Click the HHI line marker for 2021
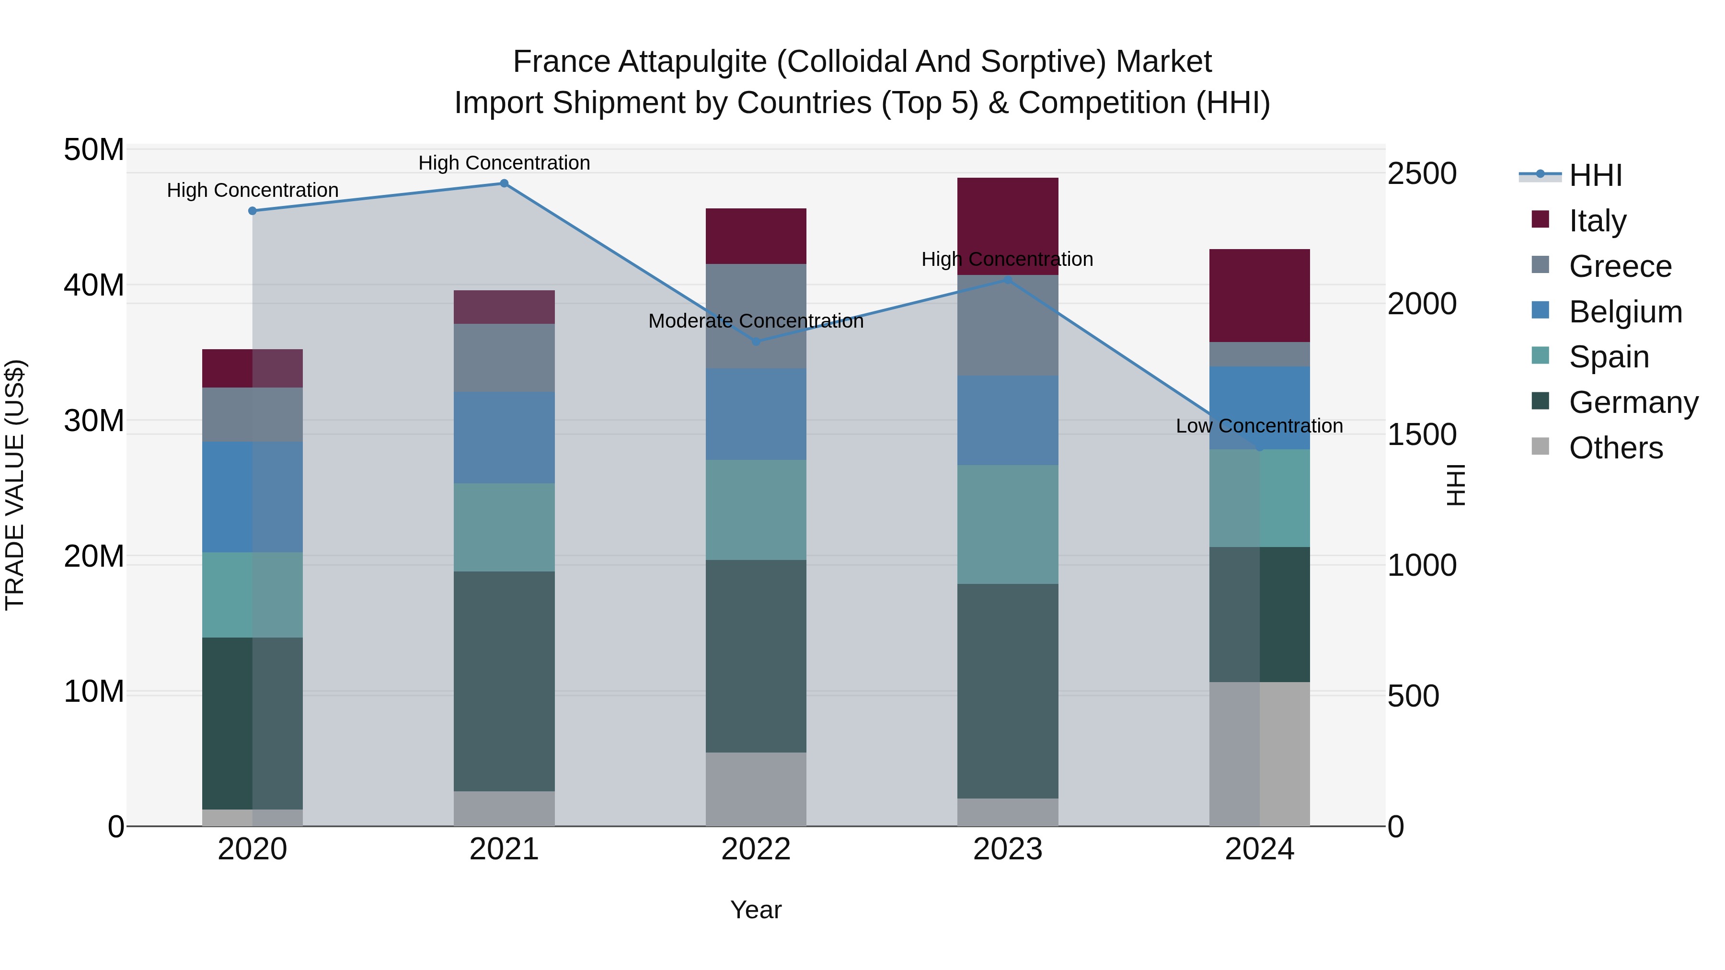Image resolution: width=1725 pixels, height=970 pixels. tap(504, 183)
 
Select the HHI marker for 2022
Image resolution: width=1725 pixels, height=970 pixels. tap(756, 342)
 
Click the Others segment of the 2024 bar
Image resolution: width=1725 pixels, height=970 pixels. tap(1260, 754)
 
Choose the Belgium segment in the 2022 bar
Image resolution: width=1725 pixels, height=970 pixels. tap(756, 414)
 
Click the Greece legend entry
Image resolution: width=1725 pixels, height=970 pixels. tap(1620, 266)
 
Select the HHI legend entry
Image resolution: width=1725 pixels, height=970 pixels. tap(1595, 175)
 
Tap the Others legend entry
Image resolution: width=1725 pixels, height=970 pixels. tap(1615, 448)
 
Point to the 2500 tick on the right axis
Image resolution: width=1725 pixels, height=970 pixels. tap(1422, 173)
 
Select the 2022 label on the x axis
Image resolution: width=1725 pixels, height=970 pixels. tap(756, 849)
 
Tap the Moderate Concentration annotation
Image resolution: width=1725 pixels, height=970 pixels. tap(756, 321)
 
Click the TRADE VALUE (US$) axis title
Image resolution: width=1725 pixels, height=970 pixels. tap(15, 485)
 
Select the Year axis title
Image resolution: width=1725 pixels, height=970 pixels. tap(756, 910)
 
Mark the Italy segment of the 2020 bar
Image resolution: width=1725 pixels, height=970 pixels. tap(253, 368)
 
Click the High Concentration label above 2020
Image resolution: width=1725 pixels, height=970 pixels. tap(253, 190)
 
